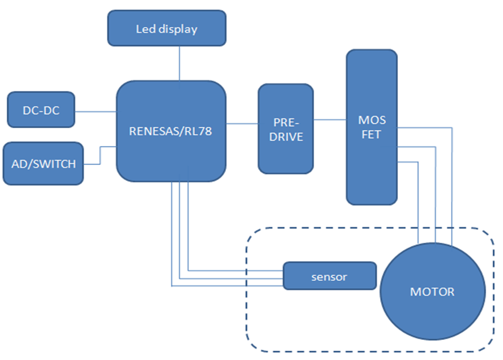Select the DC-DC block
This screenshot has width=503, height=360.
(x=41, y=109)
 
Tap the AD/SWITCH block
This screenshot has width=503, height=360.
(x=43, y=164)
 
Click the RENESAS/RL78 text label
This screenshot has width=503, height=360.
(x=171, y=131)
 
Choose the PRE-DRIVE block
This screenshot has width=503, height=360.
(x=285, y=129)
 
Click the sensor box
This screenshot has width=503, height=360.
(x=329, y=276)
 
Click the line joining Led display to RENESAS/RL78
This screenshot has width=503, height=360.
(x=179, y=62)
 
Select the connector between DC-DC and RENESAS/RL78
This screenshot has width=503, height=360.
(x=95, y=110)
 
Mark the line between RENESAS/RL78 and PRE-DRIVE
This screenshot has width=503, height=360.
(x=242, y=123)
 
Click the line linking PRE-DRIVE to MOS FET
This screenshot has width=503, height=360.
(x=329, y=120)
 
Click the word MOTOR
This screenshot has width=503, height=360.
(x=432, y=292)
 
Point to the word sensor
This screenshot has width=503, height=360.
(x=329, y=277)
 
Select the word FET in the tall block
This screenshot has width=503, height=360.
(x=371, y=135)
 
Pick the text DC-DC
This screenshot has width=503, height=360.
(x=41, y=110)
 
